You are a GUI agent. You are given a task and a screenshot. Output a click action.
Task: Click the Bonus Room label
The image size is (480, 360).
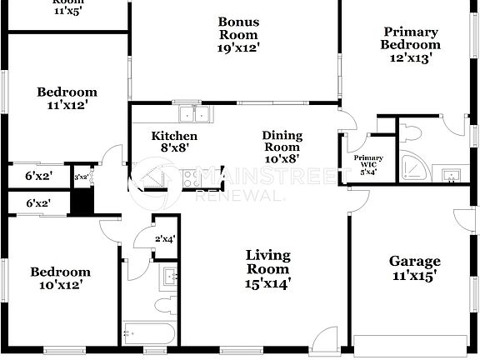[238, 35]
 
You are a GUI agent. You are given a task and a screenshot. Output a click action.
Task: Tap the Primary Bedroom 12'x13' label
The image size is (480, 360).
[411, 45]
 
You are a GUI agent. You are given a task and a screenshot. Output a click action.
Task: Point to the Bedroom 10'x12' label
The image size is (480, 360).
[60, 277]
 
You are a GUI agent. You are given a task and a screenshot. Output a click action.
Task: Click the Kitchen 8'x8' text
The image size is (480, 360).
[174, 142]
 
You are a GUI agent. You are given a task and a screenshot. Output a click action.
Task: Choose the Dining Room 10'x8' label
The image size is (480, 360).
[282, 147]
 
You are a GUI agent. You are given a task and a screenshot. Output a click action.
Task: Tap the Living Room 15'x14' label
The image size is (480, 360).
[267, 268]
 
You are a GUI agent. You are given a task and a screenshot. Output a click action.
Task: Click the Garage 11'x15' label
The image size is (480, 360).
[414, 267]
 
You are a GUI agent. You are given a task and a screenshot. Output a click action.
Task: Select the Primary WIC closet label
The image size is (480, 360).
[368, 163]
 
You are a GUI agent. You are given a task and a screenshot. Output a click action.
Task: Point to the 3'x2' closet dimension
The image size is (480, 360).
[82, 177]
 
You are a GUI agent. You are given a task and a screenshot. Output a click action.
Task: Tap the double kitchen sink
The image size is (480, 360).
[195, 113]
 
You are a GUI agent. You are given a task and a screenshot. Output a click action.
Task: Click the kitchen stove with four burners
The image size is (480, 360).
[191, 177]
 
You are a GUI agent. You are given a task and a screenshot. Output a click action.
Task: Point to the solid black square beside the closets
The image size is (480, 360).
[81, 202]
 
